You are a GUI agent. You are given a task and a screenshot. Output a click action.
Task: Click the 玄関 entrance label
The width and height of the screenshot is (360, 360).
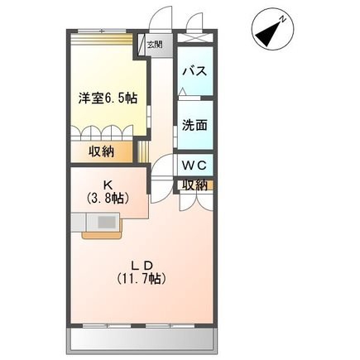[155, 45]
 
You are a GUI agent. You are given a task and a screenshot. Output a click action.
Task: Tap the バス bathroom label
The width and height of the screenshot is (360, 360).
[194, 71]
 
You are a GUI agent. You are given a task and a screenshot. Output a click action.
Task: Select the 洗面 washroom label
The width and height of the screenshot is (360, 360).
[194, 126]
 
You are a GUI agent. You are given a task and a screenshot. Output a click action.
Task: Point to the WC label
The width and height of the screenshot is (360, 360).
[194, 166]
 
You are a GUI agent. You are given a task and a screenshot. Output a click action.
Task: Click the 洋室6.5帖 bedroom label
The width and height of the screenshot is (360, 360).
[108, 98]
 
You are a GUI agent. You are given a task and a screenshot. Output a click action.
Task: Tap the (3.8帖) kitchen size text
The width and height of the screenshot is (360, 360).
[108, 198]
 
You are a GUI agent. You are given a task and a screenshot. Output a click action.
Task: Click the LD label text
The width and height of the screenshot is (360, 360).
[142, 266]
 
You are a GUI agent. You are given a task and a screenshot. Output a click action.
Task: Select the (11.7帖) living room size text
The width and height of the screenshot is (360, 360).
[142, 279]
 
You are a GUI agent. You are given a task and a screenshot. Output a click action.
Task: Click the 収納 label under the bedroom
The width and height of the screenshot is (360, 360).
[101, 151]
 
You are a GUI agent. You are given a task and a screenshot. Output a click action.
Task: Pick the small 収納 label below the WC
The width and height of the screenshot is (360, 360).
[195, 185]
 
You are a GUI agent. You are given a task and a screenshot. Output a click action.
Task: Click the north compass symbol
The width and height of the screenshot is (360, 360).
[272, 33]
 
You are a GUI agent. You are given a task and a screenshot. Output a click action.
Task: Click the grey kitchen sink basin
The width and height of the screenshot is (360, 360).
[107, 222]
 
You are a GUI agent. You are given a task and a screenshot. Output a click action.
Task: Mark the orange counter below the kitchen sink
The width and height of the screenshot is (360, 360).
[102, 235]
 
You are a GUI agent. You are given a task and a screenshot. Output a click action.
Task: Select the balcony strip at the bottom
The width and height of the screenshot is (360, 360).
[142, 340]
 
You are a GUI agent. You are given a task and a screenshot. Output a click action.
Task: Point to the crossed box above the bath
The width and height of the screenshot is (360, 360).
[194, 36]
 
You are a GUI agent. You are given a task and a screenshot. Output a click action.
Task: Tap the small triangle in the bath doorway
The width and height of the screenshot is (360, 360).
[182, 91]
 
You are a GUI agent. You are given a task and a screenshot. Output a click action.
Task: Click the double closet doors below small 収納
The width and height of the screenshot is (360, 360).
[196, 202]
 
